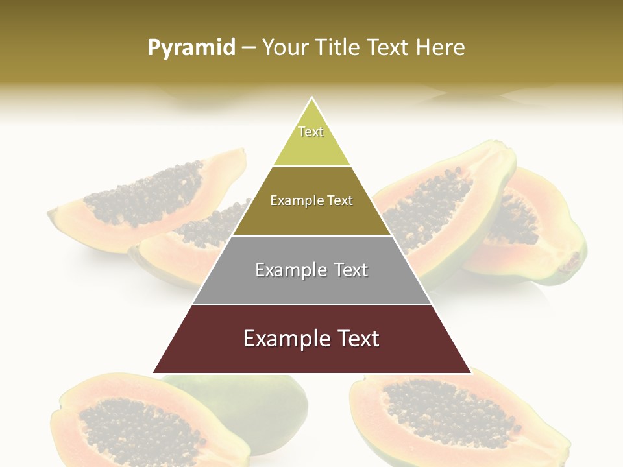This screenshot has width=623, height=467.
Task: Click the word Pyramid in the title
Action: (191, 48)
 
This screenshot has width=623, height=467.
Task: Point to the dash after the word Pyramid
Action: (249, 48)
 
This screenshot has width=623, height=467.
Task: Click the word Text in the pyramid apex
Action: (311, 132)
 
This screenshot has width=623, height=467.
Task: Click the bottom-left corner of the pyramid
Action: (154, 372)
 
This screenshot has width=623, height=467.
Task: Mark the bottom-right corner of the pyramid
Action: (470, 372)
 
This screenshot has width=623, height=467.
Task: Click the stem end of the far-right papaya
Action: (571, 262)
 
